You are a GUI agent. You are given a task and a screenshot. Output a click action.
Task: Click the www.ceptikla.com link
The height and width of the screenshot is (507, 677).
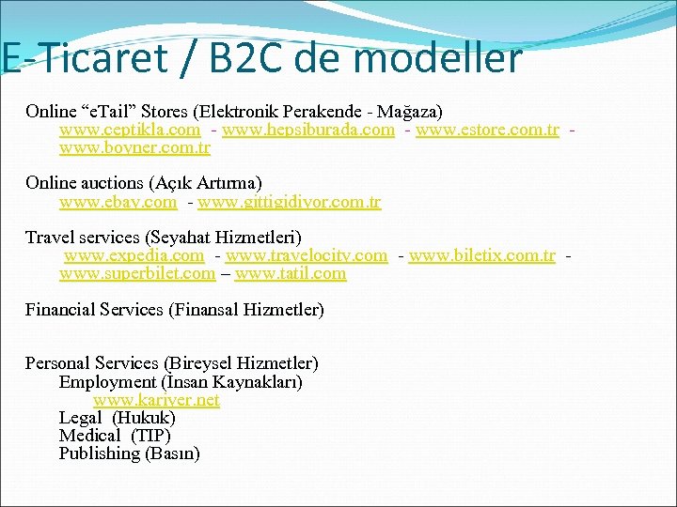pyautogui.click(x=130, y=130)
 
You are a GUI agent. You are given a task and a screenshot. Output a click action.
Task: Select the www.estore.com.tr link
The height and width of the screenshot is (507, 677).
pyautogui.click(x=487, y=130)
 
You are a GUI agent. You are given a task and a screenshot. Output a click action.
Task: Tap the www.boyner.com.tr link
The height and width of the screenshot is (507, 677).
pyautogui.click(x=134, y=148)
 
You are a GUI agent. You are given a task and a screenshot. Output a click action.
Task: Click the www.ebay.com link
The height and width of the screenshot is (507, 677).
pyautogui.click(x=118, y=202)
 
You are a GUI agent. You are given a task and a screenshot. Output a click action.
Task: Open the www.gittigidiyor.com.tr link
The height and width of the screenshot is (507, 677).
pyautogui.click(x=290, y=202)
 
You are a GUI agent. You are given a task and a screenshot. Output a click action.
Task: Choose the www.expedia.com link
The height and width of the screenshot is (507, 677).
pyautogui.click(x=134, y=255)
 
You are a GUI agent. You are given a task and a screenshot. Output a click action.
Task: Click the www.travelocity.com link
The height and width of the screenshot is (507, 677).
pyautogui.click(x=307, y=255)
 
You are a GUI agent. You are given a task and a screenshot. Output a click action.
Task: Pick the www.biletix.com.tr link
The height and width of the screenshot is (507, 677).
pyautogui.click(x=482, y=255)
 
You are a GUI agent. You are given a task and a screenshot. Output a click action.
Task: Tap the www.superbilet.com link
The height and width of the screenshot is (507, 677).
pyautogui.click(x=137, y=274)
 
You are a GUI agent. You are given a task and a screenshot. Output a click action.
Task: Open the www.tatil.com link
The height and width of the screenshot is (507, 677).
pyautogui.click(x=291, y=274)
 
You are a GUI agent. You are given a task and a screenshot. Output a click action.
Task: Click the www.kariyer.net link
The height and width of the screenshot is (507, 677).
pyautogui.click(x=156, y=400)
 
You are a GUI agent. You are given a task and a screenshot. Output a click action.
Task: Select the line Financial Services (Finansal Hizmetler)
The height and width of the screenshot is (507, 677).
pyautogui.click(x=175, y=310)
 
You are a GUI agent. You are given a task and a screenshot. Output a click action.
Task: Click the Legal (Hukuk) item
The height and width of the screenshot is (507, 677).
pyautogui.click(x=117, y=418)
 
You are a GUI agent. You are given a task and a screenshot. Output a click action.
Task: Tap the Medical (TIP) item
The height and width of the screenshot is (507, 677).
pyautogui.click(x=115, y=436)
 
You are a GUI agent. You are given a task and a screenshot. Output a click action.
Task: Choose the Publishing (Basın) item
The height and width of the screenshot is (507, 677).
pyautogui.click(x=129, y=453)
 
